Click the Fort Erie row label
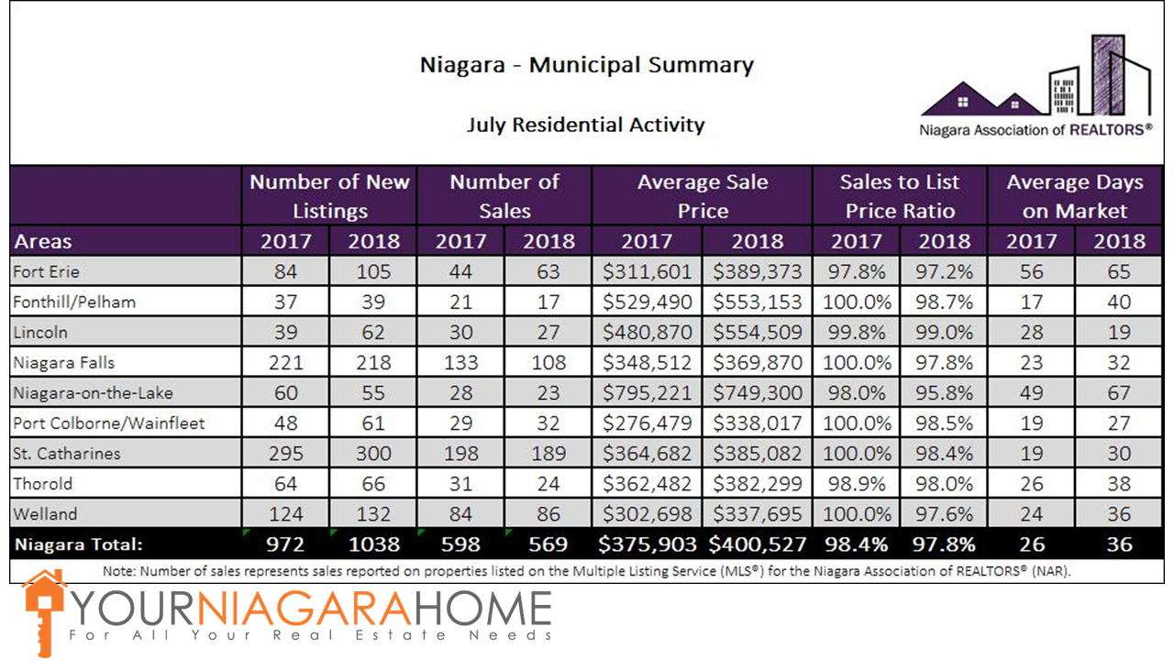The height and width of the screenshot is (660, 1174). tap(47, 272)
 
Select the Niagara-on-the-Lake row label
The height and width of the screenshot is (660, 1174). tap(93, 393)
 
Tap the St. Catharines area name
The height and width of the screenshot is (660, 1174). tap(67, 454)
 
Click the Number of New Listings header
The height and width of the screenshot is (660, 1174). tap(329, 196)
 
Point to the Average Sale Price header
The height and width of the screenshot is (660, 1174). tap(703, 196)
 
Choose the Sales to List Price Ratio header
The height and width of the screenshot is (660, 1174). tap(900, 196)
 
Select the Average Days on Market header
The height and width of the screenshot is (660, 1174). tap(1074, 196)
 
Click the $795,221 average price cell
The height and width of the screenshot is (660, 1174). tap(648, 393)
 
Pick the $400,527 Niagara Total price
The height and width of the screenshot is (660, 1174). tap(758, 544)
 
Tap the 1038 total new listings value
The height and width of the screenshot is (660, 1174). tap(374, 544)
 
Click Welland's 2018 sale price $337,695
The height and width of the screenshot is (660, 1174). tap(758, 514)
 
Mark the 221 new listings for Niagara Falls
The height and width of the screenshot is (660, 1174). tap(285, 363)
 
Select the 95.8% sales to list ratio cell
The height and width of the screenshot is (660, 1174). tap(944, 393)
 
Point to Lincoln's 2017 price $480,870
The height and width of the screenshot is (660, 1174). tap(648, 333)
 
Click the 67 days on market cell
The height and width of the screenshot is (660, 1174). tap(1119, 393)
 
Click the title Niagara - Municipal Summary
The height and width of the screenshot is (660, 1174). tap(586, 66)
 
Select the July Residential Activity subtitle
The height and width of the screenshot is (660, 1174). tap(586, 125)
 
